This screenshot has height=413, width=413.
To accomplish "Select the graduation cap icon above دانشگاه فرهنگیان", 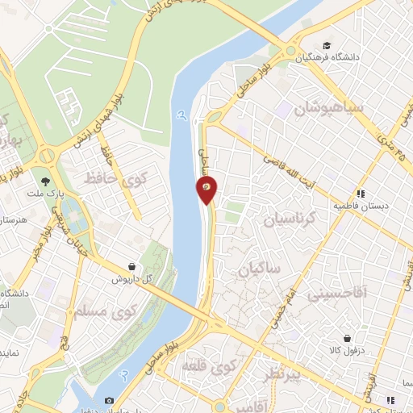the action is point(327,45).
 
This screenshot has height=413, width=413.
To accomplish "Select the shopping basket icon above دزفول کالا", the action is point(348,339).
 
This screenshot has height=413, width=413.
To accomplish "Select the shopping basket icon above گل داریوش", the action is point(131,266).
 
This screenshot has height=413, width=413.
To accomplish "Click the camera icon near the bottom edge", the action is point(110,400).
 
